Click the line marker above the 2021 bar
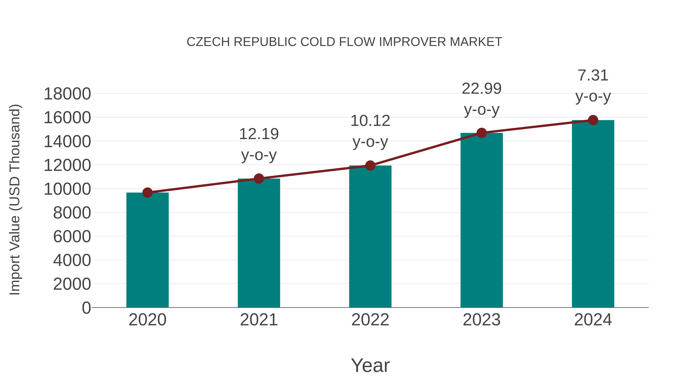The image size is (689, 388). click(x=259, y=179)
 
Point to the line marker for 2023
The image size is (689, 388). click(x=482, y=133)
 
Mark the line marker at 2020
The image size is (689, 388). click(x=147, y=193)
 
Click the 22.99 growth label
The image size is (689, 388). click(x=482, y=89)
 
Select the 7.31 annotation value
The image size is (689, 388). click(x=593, y=75)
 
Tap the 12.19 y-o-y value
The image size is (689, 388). click(x=259, y=134)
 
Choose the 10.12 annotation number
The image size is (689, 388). click(x=370, y=121)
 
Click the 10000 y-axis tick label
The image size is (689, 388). click(x=67, y=189)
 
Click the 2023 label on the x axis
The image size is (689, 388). click(x=482, y=320)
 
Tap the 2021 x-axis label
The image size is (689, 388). click(x=259, y=320)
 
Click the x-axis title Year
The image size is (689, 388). click(x=370, y=365)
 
